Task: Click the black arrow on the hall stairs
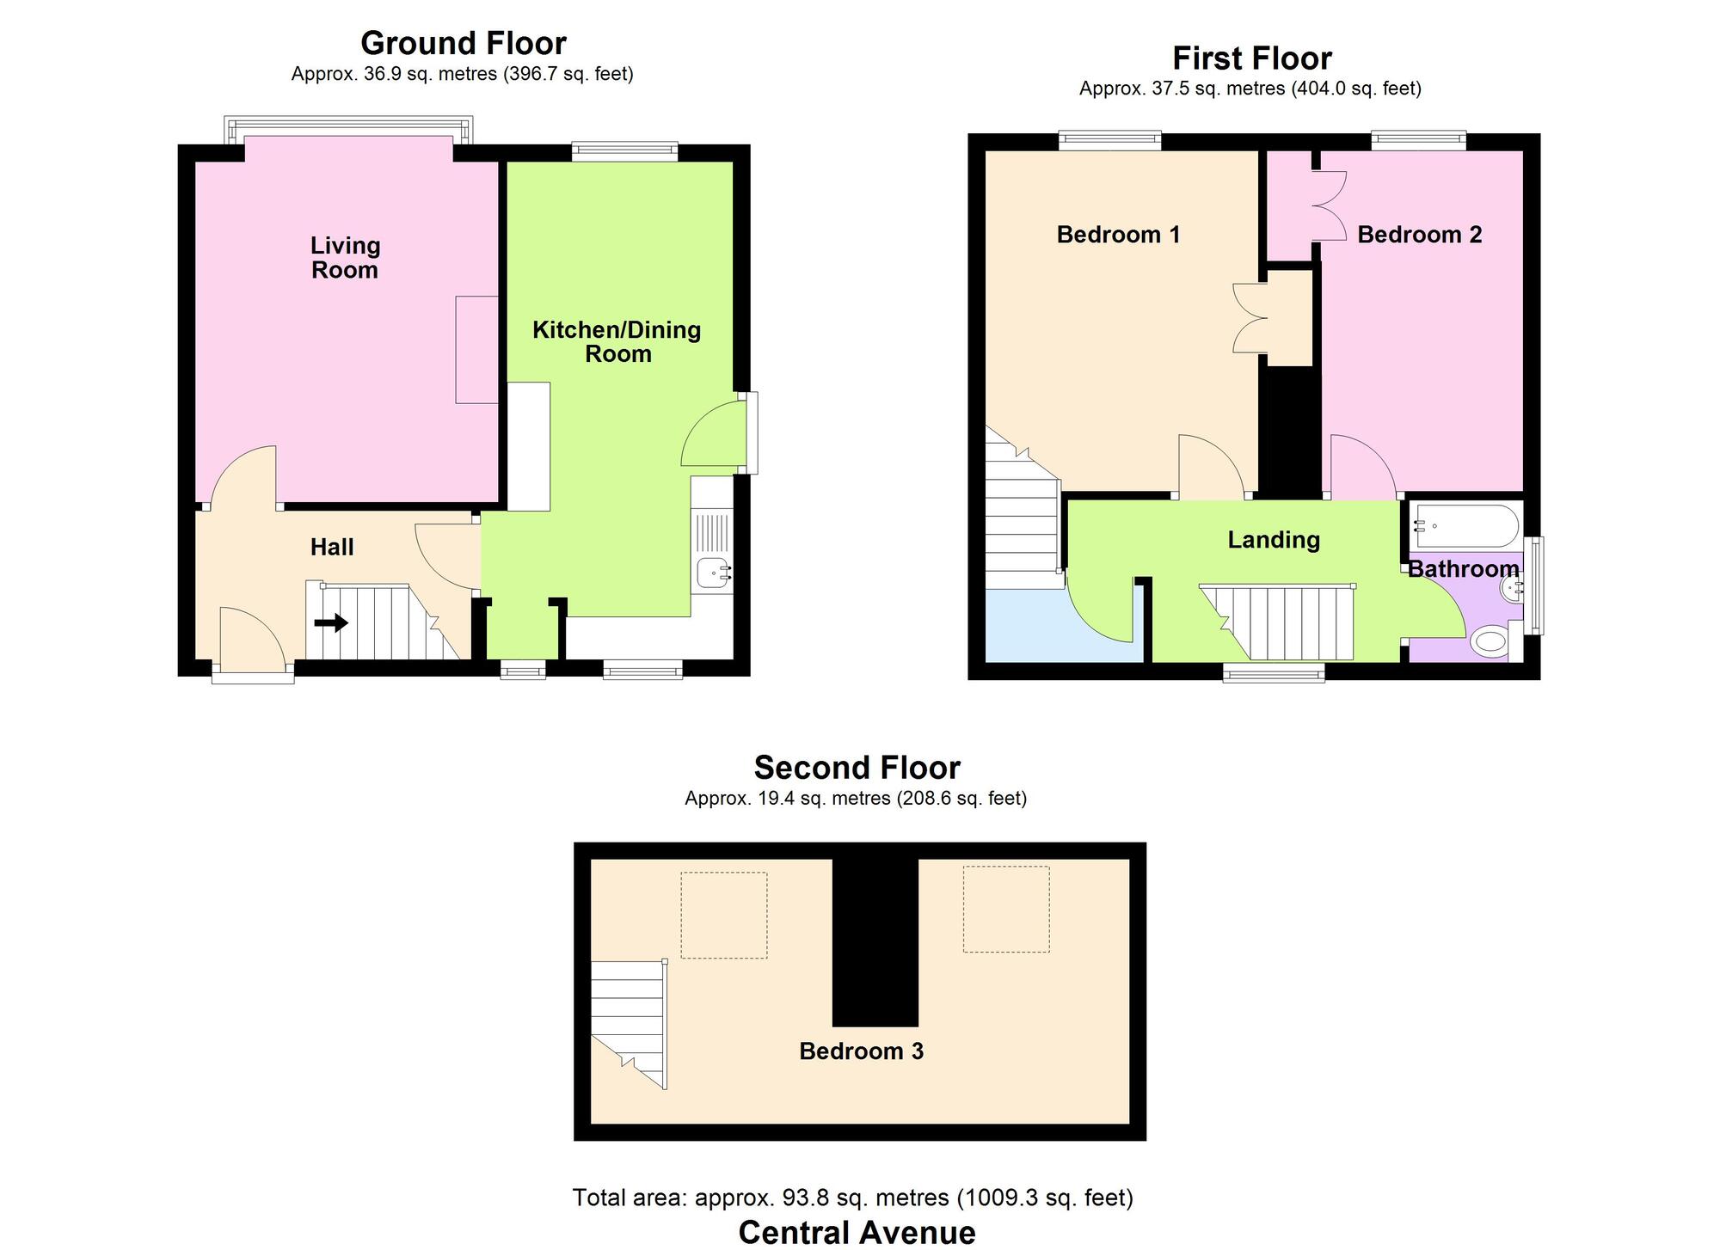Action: click(x=331, y=622)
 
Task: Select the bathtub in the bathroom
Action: click(x=1465, y=525)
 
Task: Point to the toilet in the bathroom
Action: click(x=1490, y=641)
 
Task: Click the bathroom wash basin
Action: click(x=1511, y=588)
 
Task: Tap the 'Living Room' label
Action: click(x=345, y=258)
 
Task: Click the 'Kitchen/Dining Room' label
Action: click(x=617, y=341)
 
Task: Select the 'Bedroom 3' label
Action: click(x=861, y=1051)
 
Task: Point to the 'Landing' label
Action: click(x=1273, y=540)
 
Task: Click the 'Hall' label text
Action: click(x=332, y=547)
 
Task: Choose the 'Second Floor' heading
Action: click(x=857, y=767)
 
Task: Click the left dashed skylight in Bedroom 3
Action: click(x=723, y=915)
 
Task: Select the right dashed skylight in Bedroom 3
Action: click(x=1005, y=909)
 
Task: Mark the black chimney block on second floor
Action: click(x=875, y=941)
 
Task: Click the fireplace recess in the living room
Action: click(x=476, y=350)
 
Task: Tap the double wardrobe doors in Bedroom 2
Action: click(x=1329, y=207)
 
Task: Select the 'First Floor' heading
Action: click(x=1251, y=58)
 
